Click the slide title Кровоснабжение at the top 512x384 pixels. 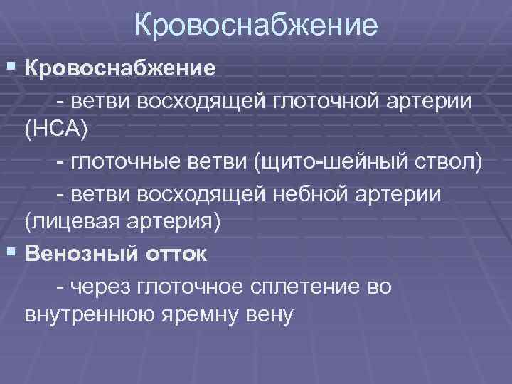pos(255,27)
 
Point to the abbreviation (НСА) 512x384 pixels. pos(57,130)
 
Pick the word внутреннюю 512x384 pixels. pos(84,315)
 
